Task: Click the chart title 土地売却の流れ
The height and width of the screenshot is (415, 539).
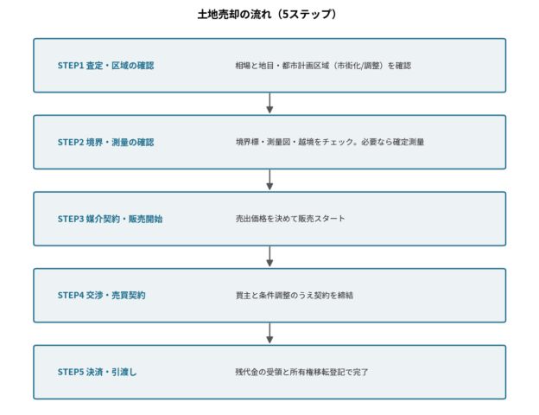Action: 234,15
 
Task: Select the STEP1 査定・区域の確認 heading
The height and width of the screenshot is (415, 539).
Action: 106,66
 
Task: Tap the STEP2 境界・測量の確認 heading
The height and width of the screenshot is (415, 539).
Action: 106,142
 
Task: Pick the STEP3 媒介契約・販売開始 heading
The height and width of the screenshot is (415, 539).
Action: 110,219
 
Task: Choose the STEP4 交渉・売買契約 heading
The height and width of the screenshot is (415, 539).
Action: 101,295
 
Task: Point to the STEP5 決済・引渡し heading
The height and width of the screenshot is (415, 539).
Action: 97,372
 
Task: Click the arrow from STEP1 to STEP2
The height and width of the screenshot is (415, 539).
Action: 269,103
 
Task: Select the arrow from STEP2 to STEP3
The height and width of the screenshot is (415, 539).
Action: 269,180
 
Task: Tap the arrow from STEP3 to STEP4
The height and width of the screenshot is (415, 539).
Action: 269,257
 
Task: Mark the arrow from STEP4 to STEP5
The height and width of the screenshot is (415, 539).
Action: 269,333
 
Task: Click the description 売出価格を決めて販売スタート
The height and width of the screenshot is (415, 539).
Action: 290,219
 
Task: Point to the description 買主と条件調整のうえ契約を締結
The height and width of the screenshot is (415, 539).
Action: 295,295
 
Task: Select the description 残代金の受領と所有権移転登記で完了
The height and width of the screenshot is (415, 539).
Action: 301,372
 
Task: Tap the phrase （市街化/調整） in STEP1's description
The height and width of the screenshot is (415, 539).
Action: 358,66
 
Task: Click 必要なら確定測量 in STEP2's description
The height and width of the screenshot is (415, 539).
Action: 392,142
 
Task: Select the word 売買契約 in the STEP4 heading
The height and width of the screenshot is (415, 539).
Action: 129,295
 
